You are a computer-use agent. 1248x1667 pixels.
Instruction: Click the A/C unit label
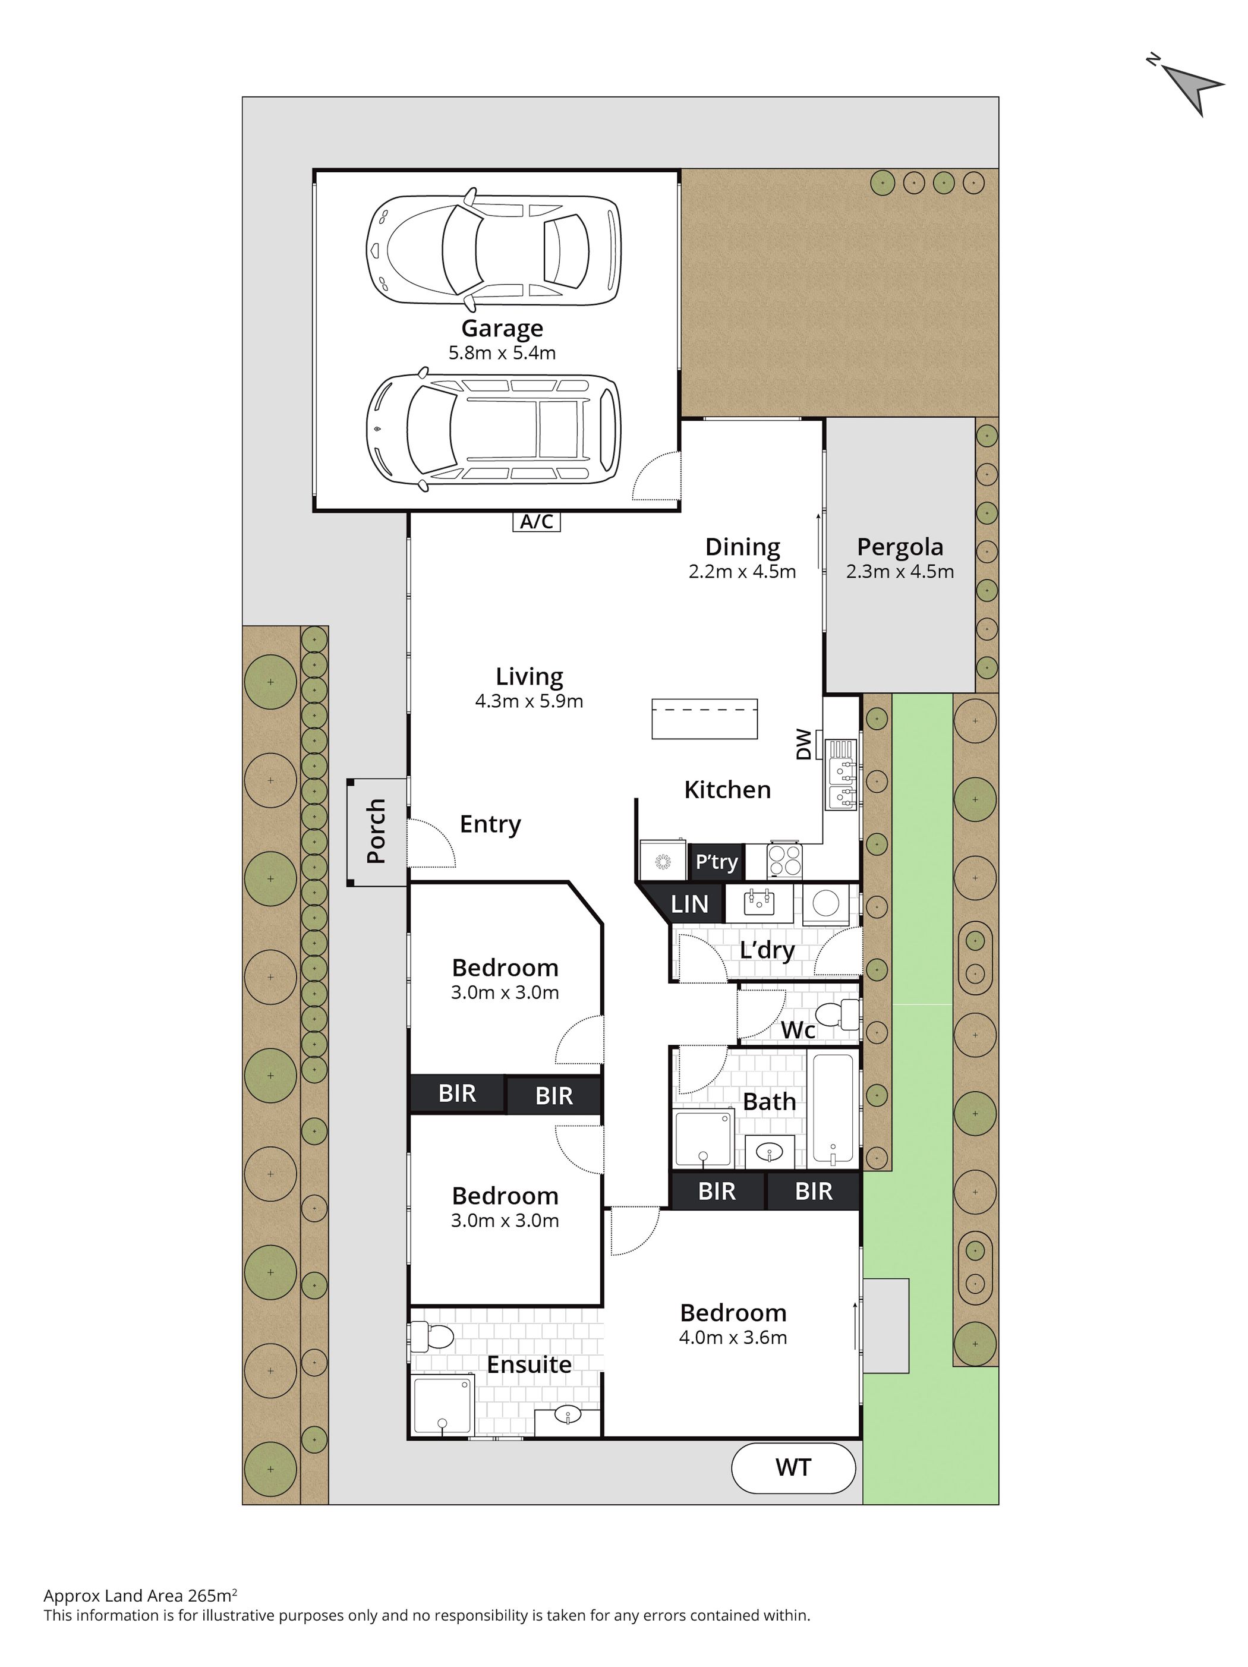click(537, 521)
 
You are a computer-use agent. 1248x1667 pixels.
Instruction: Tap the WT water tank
click(793, 1467)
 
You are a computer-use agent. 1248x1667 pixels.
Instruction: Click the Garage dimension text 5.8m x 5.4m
click(502, 352)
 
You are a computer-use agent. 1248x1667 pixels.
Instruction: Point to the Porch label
click(376, 831)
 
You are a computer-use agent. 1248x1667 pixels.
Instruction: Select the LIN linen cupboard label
click(689, 903)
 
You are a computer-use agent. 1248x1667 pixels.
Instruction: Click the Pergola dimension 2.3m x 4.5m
click(900, 572)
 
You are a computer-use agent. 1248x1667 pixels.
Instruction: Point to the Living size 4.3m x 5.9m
click(529, 702)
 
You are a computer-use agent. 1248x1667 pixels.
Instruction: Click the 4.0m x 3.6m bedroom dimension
click(733, 1338)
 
